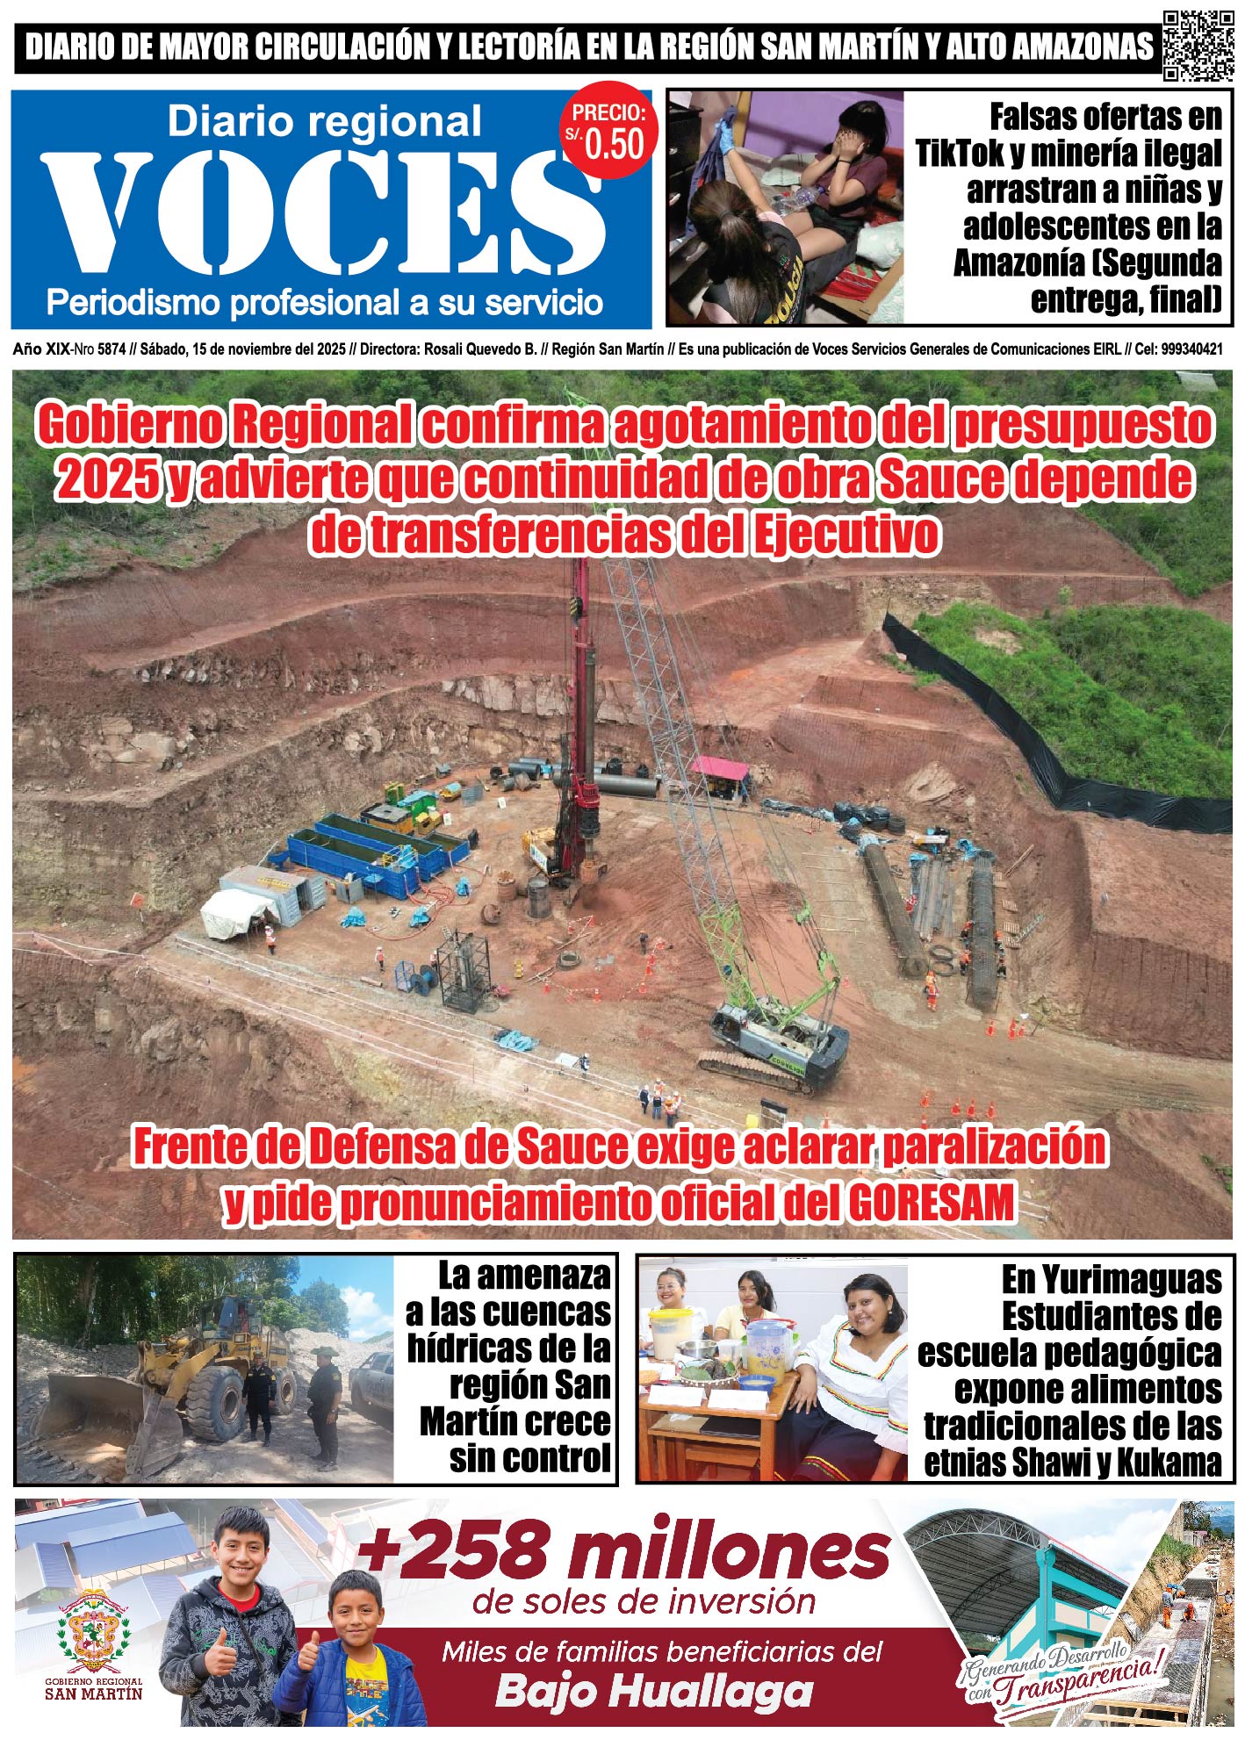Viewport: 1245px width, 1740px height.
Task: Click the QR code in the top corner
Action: [1198, 46]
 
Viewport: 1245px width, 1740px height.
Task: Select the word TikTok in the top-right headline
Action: [960, 153]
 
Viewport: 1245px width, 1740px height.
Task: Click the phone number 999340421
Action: [1191, 349]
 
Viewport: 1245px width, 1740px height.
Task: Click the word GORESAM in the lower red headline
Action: [930, 1202]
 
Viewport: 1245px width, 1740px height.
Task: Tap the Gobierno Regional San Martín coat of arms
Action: [93, 1630]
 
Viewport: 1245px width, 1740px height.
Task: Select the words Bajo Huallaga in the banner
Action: [653, 1689]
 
